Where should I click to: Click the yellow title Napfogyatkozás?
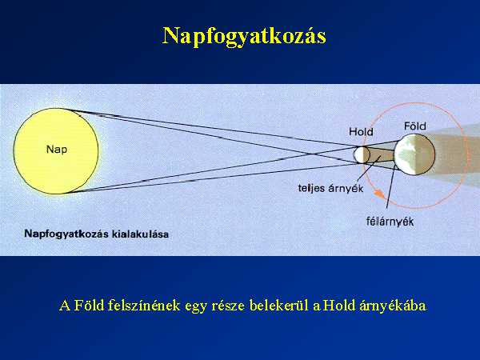pos(244,37)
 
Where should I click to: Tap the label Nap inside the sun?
pos(57,150)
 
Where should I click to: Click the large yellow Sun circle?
pos(56,151)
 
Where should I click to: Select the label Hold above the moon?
pos(362,132)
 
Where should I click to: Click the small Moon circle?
pos(362,155)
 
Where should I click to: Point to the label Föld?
pos(414,126)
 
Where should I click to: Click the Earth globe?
pos(414,154)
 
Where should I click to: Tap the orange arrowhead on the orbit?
pos(379,193)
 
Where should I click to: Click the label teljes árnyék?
pos(330,188)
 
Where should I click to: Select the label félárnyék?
pos(390,221)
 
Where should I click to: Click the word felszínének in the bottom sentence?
pos(144,306)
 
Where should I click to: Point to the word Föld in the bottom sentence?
pos(90,306)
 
